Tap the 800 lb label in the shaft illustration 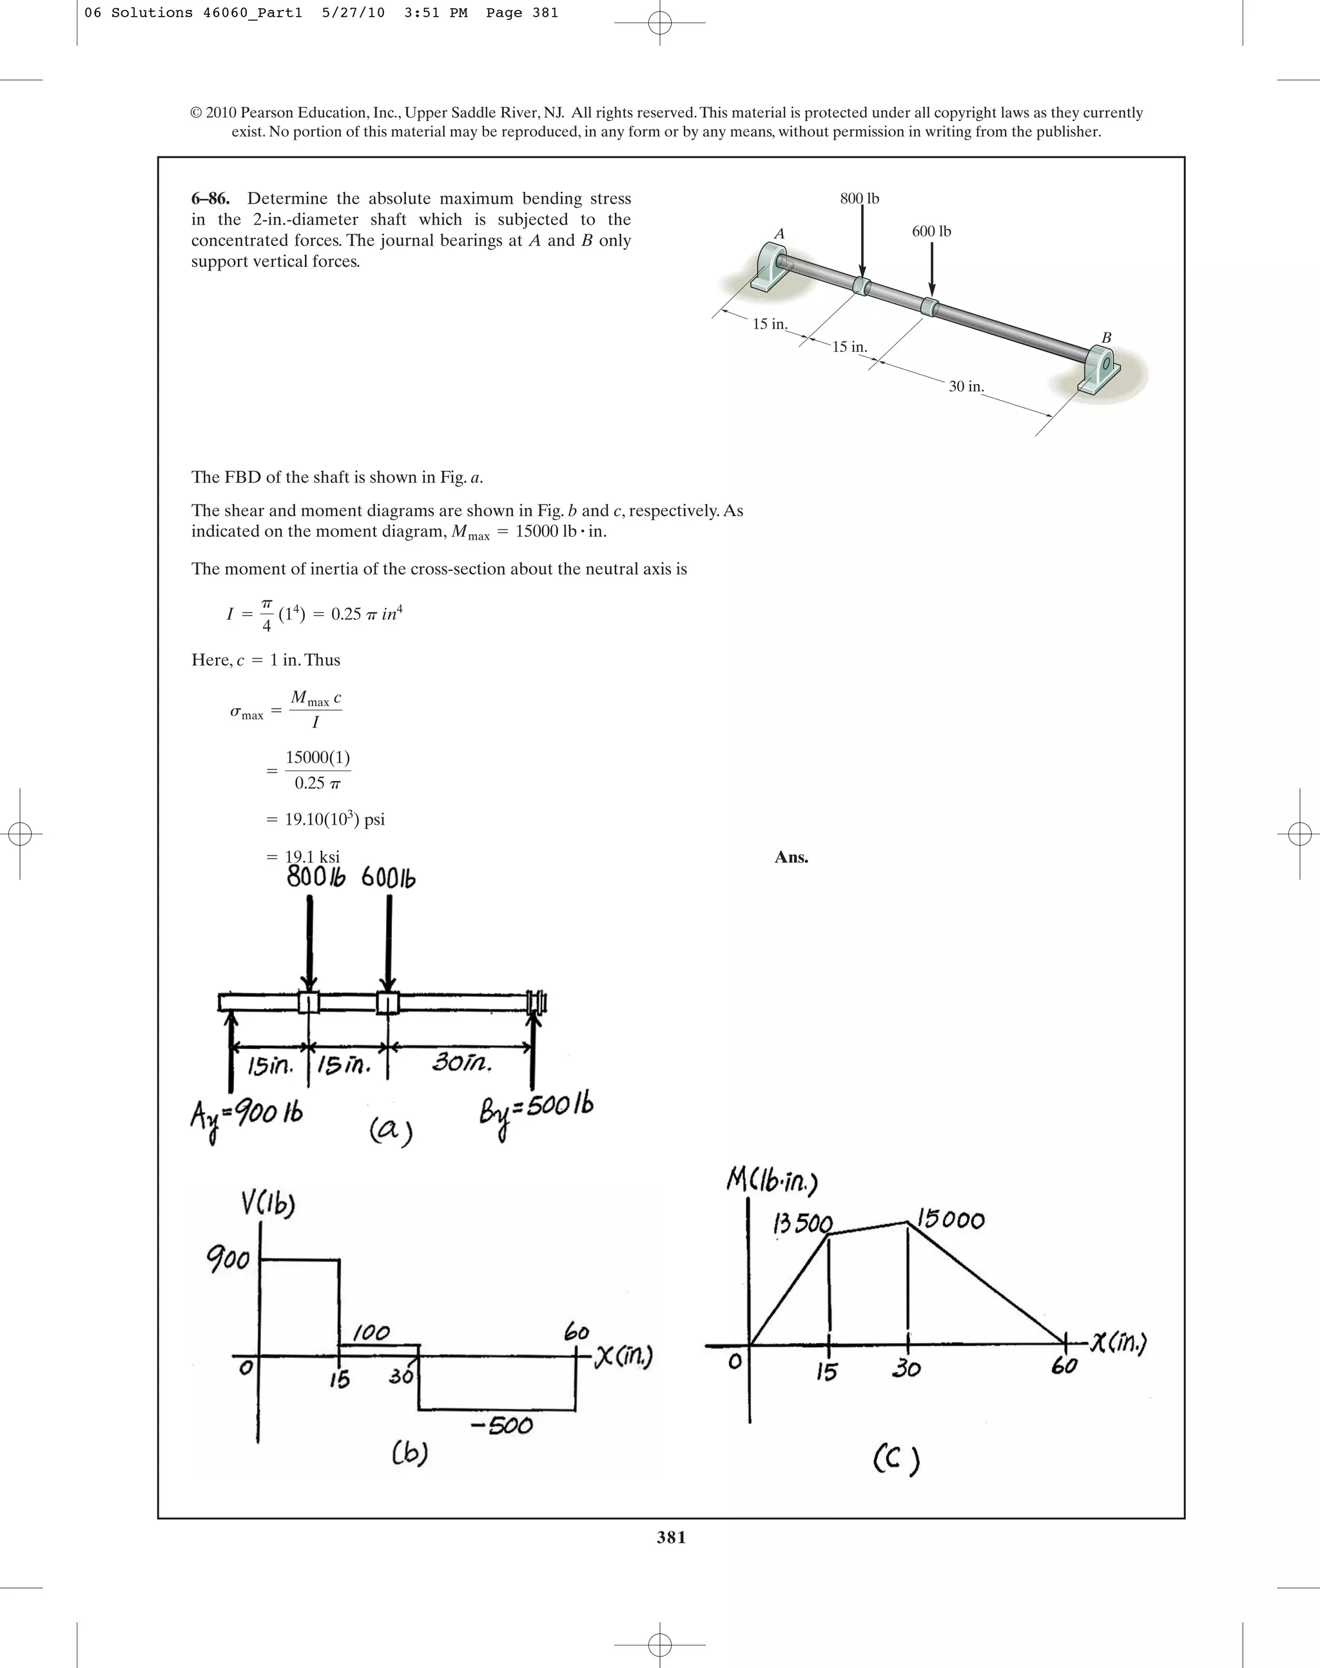click(x=859, y=198)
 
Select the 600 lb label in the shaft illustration click(x=931, y=231)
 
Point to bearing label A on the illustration click(x=779, y=233)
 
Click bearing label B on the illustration click(x=1106, y=338)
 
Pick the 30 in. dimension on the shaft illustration click(x=966, y=387)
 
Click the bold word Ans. click(x=791, y=857)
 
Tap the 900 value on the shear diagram click(x=228, y=1260)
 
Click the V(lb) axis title click(x=267, y=1205)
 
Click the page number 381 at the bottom click(x=671, y=1537)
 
